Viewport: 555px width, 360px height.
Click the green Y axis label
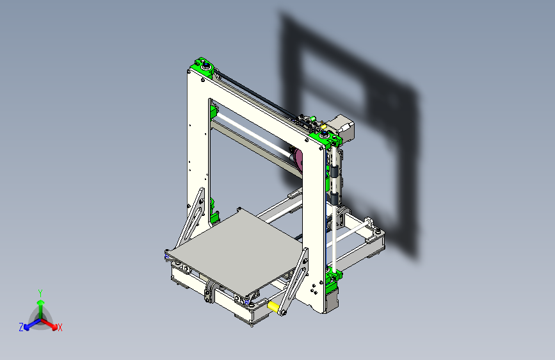tap(40, 293)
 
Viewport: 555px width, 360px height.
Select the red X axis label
tap(60, 327)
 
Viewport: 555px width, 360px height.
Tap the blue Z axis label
tap(21, 327)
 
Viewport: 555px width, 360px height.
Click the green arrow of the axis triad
tap(40, 304)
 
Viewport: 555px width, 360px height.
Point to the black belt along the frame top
tap(256, 94)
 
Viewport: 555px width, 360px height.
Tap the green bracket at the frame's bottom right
tap(334, 279)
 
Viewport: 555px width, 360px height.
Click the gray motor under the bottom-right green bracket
tap(332, 300)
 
